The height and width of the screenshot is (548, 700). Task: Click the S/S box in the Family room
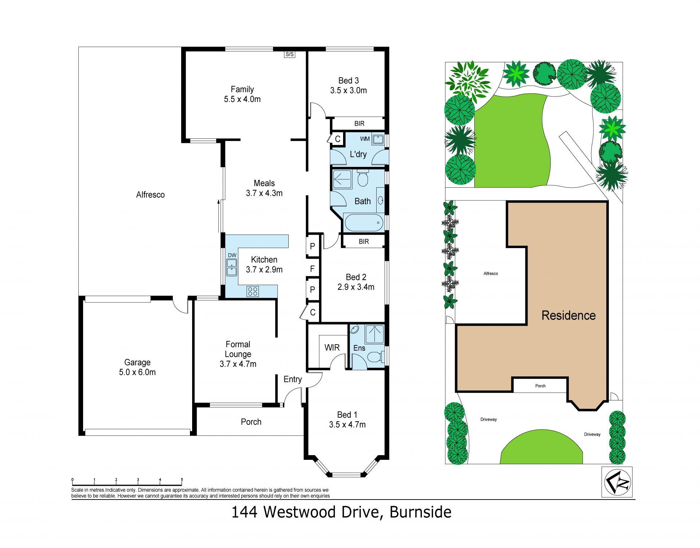pos(289,54)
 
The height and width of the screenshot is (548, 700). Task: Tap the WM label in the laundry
pos(365,139)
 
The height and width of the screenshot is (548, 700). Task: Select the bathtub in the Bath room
pos(364,223)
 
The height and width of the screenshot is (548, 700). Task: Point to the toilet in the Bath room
pos(363,178)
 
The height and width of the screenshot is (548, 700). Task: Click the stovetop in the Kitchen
pos(253,291)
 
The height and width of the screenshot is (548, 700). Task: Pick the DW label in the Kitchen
pos(232,255)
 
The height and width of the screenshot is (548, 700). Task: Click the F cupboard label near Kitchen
pos(312,269)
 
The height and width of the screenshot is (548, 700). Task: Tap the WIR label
pos(332,348)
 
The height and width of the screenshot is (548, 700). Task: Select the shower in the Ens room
pos(374,334)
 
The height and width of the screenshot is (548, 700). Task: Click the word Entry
pos(293,379)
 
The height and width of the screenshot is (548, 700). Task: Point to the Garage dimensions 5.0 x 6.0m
pos(137,372)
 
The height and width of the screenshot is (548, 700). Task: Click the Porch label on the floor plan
pos(251,422)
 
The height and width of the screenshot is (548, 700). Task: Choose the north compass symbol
pos(617,482)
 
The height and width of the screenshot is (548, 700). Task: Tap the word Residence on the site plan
pos(569,316)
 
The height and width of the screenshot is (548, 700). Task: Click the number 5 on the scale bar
pos(182,479)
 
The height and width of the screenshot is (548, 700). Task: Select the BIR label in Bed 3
pos(359,124)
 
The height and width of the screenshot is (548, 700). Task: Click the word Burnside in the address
pos(421,512)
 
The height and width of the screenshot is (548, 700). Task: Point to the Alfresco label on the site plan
pos(491,274)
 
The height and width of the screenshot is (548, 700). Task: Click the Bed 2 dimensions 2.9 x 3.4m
pos(356,287)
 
